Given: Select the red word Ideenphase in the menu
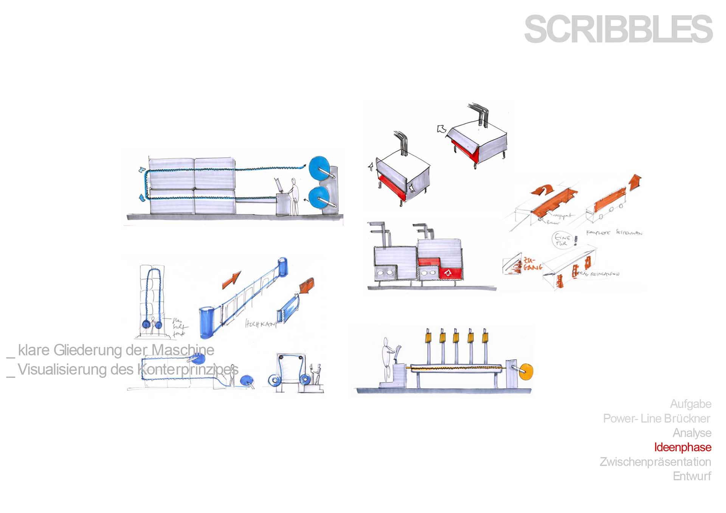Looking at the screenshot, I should pyautogui.click(x=683, y=447).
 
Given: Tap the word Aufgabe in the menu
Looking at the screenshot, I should pyautogui.click(x=690, y=404).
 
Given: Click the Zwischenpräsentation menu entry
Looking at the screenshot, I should pyautogui.click(x=655, y=462).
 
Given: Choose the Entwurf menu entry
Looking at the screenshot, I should pyautogui.click(x=692, y=476).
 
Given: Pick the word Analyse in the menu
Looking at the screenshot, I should pyautogui.click(x=692, y=433).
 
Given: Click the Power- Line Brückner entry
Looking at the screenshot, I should pyautogui.click(x=656, y=418).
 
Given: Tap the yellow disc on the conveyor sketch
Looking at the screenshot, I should pyautogui.click(x=526, y=372).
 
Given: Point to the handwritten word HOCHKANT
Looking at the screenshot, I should pyautogui.click(x=261, y=324).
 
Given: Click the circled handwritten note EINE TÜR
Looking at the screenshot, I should pyautogui.click(x=562, y=240).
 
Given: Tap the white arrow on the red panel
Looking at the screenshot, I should pyautogui.click(x=448, y=273).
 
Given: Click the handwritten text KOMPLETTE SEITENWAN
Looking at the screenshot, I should pyautogui.click(x=614, y=232).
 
